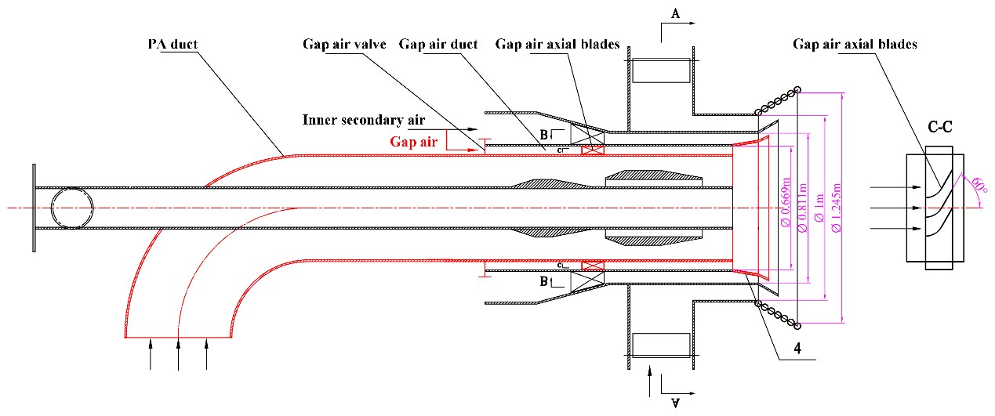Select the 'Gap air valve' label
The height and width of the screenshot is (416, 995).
point(344,44)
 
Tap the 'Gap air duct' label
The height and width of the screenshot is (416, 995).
point(438,44)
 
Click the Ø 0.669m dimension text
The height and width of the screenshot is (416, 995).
point(785,206)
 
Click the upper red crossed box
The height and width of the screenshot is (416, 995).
point(591,150)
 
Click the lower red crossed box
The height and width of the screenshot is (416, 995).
point(591,266)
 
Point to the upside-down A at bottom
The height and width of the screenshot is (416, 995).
point(674,402)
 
